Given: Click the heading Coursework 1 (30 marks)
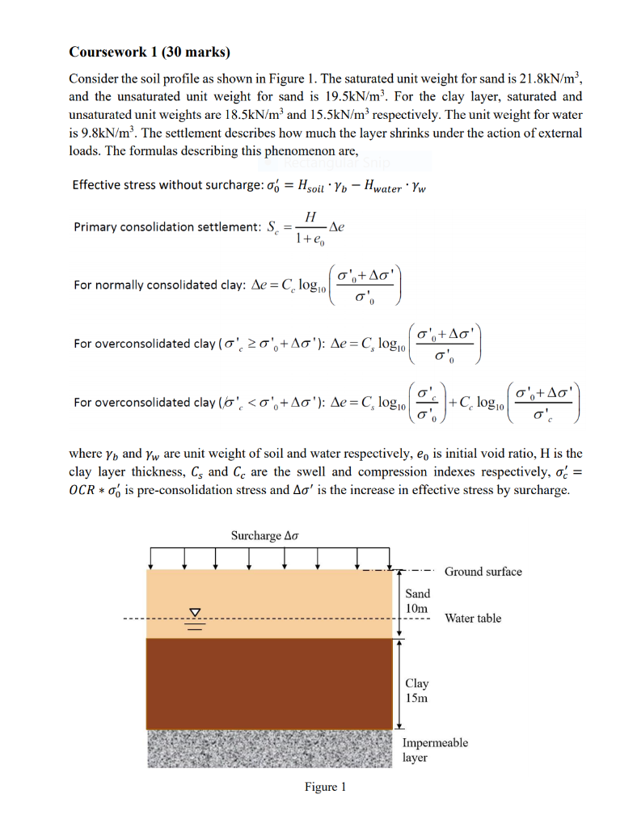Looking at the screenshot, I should tap(150, 53).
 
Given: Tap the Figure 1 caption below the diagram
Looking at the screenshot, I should tap(326, 787).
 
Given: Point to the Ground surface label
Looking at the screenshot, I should tap(483, 572).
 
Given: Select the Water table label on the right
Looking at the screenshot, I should tap(473, 619).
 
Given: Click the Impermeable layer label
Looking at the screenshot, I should tap(435, 750).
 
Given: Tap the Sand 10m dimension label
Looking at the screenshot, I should tap(418, 600).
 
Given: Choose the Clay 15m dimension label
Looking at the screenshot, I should tap(417, 691).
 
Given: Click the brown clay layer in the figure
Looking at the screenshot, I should tap(267, 683).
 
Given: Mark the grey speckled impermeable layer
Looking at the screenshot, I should tap(267, 748).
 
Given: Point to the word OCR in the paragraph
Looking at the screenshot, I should tap(85, 491).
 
